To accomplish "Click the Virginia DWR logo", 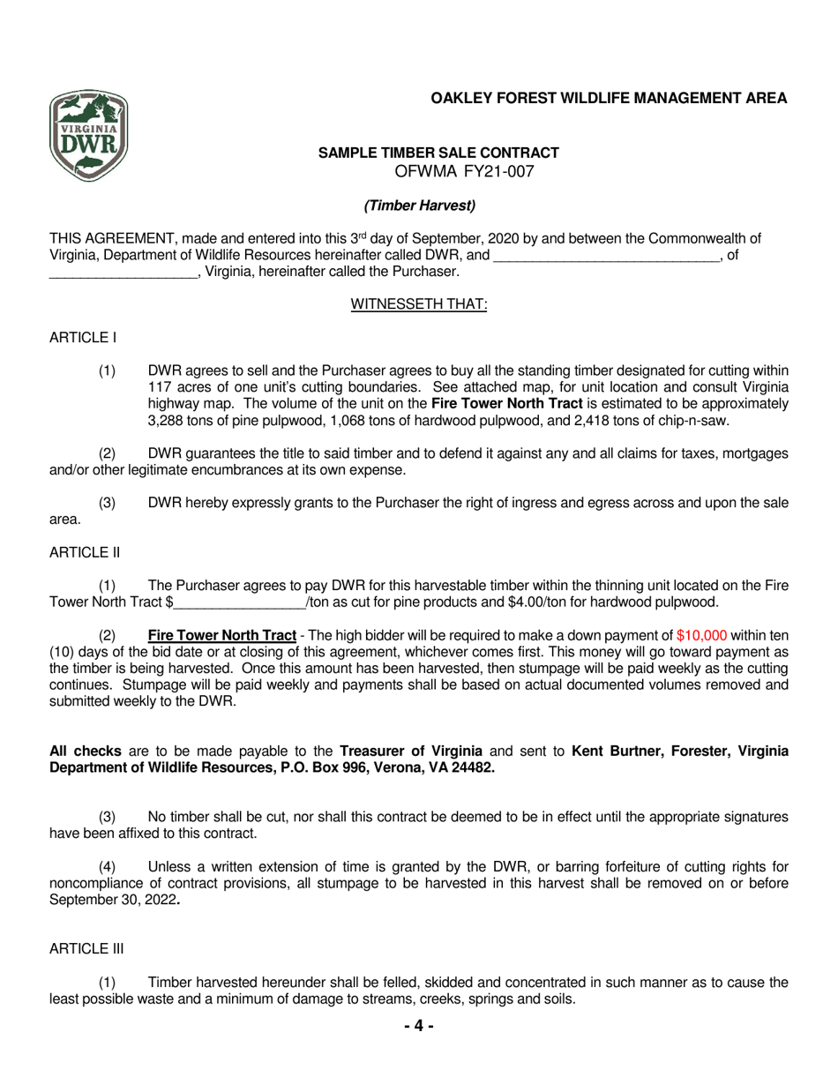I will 88,136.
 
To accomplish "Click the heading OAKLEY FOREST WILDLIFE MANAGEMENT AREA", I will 609,99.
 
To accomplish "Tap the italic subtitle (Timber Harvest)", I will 420,206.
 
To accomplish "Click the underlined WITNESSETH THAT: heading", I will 419,304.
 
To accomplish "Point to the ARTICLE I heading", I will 83,338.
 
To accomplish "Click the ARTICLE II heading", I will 85,552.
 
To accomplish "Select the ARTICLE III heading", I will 86,948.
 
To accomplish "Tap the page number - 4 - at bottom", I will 419,1026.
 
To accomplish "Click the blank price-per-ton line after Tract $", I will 240,603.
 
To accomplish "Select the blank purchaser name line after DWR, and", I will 606,256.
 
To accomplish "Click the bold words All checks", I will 86,752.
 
